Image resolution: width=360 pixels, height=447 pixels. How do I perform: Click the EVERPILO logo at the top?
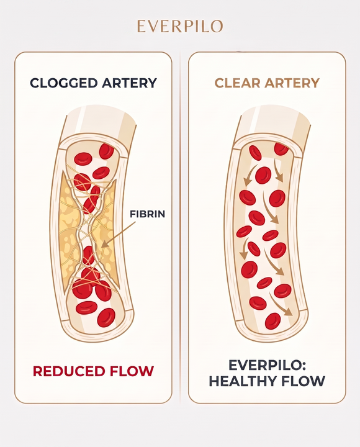180,26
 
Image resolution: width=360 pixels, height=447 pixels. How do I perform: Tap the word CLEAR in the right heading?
238,83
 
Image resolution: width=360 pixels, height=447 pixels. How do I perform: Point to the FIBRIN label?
147,214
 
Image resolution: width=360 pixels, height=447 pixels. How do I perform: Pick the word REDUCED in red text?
69,371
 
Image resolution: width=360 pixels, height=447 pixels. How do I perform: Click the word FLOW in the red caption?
132,371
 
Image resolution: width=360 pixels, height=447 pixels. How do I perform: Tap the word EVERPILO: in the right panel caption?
267,365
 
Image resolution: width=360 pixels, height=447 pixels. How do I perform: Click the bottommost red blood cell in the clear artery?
272,321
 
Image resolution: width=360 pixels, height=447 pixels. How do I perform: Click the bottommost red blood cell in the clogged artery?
106,317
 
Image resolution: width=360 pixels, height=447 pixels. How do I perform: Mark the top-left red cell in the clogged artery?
83,159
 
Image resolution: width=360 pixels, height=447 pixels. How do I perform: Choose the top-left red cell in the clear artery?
255,153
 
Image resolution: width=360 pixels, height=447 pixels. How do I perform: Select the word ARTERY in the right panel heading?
292,83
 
